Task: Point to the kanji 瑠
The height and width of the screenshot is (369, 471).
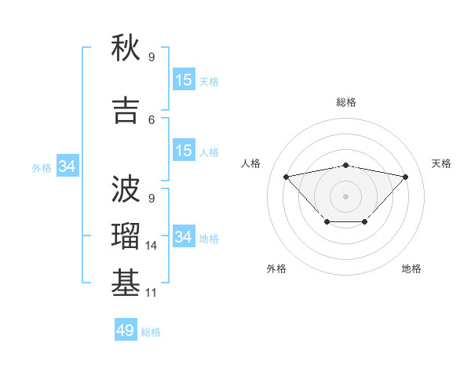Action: point(126,236)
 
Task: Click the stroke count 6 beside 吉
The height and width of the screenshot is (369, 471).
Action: point(152,119)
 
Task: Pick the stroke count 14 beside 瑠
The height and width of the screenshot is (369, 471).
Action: point(152,246)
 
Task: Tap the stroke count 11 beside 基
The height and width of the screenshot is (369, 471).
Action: point(152,293)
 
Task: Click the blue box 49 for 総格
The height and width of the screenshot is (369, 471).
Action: point(126,331)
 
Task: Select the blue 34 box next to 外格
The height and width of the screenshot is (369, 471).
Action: point(67,166)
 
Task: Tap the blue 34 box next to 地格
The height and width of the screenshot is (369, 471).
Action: point(184,237)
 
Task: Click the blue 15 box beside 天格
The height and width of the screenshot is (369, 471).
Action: point(184,80)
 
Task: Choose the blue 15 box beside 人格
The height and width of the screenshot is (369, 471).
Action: point(184,151)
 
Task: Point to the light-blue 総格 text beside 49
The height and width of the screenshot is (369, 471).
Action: point(152,332)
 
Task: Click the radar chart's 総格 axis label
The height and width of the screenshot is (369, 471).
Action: point(345,102)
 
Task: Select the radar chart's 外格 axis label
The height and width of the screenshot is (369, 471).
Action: point(276,269)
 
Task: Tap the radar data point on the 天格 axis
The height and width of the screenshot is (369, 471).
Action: point(405,177)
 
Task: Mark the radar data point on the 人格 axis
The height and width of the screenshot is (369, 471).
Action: point(286,176)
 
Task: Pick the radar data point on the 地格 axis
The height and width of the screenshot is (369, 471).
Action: point(365,223)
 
